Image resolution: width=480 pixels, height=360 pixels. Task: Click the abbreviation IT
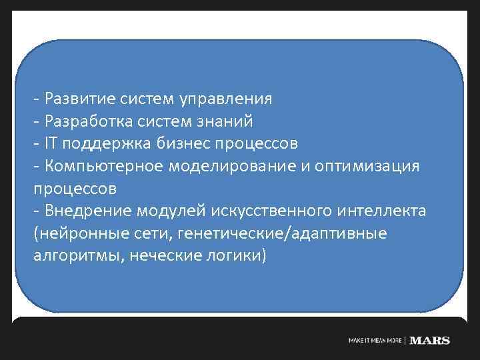[x=51, y=143]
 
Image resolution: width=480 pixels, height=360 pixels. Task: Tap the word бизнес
[x=183, y=143]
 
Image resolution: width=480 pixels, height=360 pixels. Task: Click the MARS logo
[x=429, y=341]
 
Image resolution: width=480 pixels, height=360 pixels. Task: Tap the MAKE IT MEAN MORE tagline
[x=376, y=341]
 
